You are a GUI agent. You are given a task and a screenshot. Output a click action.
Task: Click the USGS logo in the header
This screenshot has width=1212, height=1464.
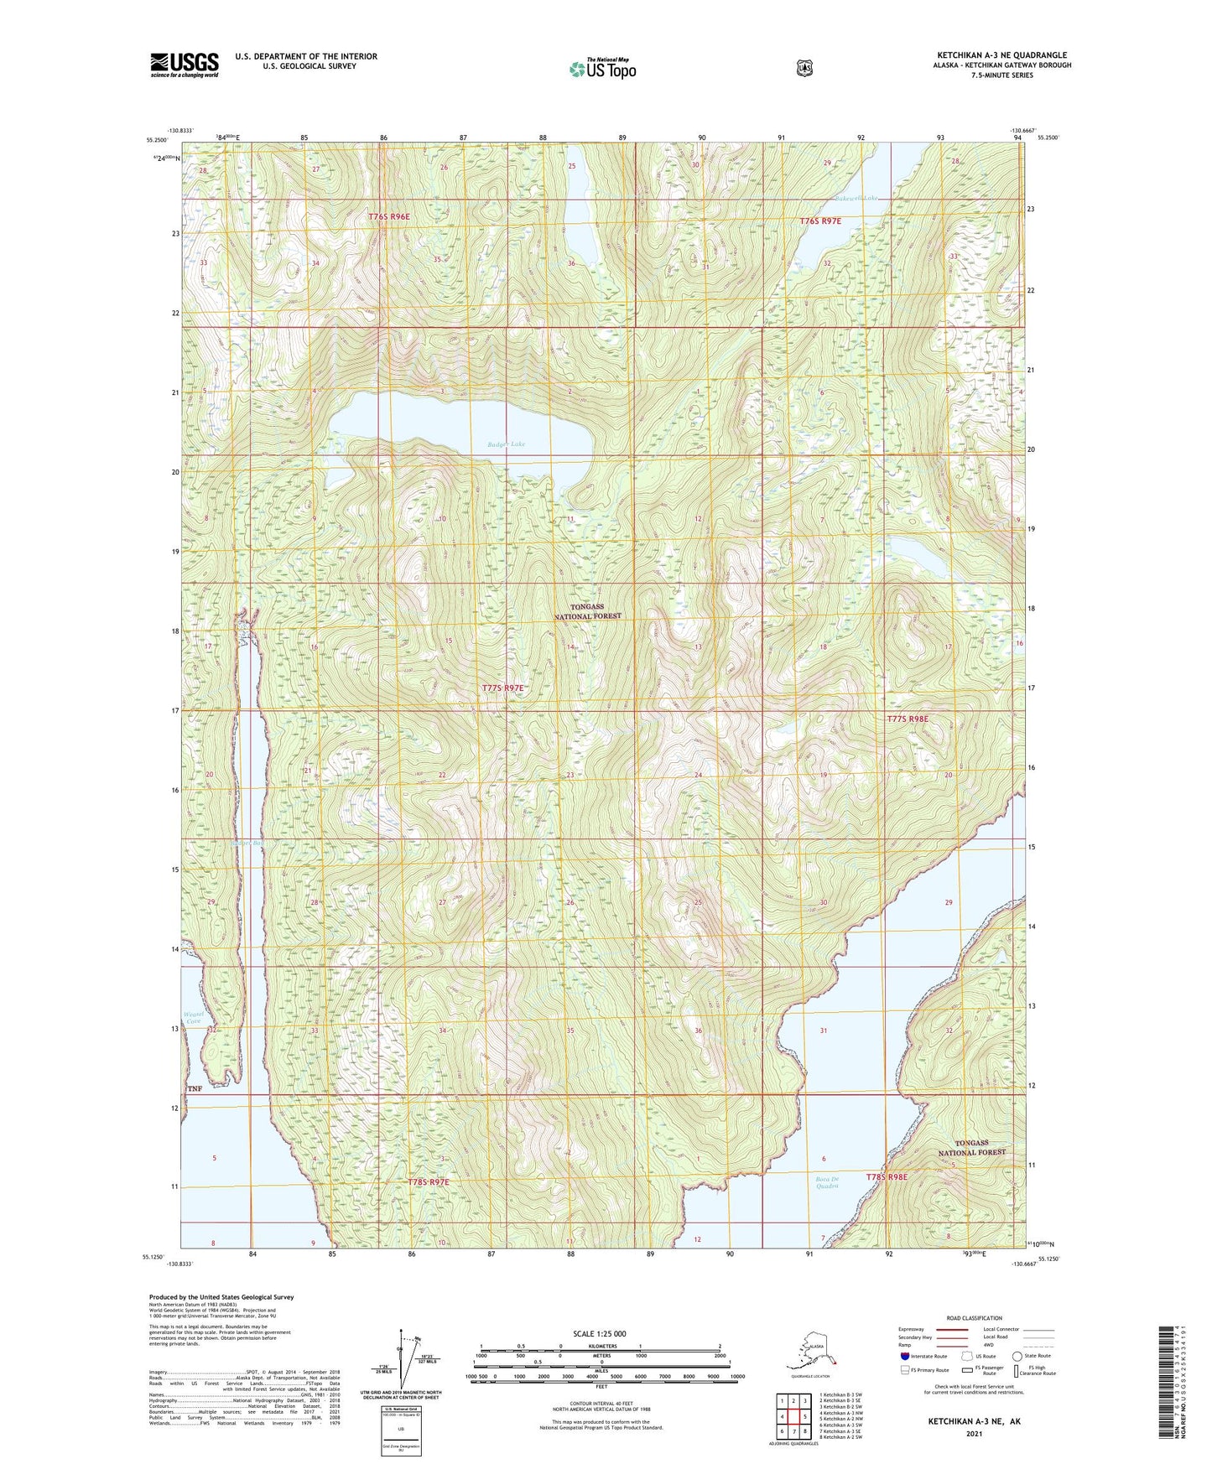[185, 65]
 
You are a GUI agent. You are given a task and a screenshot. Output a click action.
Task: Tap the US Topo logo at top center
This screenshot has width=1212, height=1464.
[602, 69]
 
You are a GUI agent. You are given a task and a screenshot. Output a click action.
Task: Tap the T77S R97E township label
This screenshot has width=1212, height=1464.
[502, 688]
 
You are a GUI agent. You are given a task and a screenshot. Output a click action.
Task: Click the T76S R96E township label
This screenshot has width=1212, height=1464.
[389, 216]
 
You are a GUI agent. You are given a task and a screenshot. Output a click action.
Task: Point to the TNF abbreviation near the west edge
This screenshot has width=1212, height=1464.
[195, 1088]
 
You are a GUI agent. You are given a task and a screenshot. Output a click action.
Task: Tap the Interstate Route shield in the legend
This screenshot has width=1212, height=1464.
[904, 1355]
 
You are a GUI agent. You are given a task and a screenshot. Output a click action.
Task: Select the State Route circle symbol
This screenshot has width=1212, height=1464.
[1017, 1355]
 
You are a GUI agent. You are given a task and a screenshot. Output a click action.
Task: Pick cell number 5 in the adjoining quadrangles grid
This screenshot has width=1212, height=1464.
[804, 1416]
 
